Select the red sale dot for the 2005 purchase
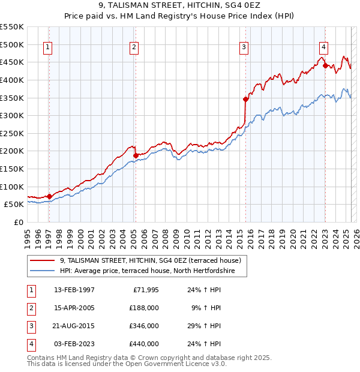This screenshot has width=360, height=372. pos(136,155)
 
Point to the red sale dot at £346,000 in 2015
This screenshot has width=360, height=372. pos(245,99)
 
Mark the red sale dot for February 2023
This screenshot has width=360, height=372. pos(325,65)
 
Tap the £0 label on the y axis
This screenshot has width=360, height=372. pos(20,222)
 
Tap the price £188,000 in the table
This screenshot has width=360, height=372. pos(144,308)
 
